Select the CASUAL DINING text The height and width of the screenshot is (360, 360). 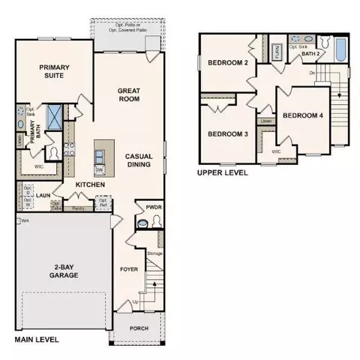[139, 160]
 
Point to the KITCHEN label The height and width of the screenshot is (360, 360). [88, 184]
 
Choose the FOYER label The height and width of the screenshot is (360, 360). [130, 268]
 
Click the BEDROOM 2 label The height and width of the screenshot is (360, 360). [228, 63]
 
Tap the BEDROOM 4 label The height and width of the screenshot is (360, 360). [303, 115]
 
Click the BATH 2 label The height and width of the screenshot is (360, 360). [311, 54]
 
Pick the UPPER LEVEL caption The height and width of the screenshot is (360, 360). [222, 172]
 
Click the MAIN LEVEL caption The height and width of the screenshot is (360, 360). [37, 340]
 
